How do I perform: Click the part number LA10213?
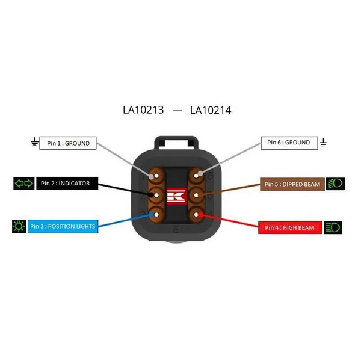143,110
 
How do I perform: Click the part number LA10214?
211,110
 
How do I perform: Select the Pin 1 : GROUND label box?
68,143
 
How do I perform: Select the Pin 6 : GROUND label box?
289,143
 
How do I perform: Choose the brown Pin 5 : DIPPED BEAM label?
292,183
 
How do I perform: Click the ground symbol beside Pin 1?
34,143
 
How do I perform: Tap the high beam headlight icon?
333,227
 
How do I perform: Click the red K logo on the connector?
176,196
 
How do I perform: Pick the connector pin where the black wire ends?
156,195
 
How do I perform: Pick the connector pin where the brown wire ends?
196,195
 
